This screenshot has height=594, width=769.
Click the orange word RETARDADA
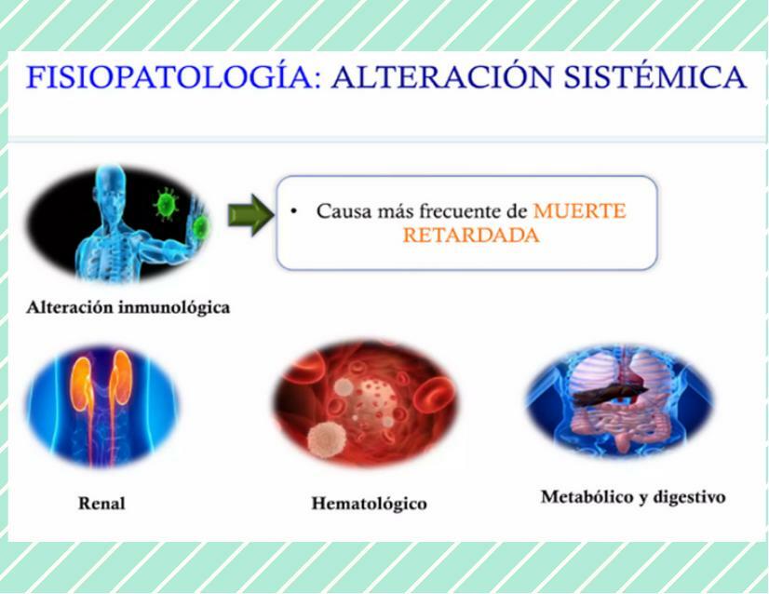470,236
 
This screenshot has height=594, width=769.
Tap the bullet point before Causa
294,211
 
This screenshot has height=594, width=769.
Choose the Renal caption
101,504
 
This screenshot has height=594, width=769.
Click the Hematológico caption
369,504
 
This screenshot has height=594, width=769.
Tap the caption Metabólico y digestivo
633,496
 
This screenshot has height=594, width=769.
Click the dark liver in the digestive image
606,390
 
